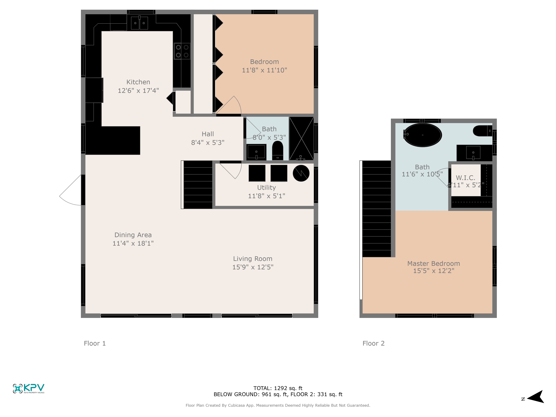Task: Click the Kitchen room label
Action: pos(138,82)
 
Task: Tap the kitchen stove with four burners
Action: pos(182,51)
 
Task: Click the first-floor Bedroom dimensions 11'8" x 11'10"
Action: pos(264,70)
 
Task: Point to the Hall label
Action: pos(208,134)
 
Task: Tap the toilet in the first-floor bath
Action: pos(277,151)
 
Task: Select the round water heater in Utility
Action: pos(301,173)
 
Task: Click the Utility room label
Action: pos(266,188)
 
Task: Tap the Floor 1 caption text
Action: pos(95,343)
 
